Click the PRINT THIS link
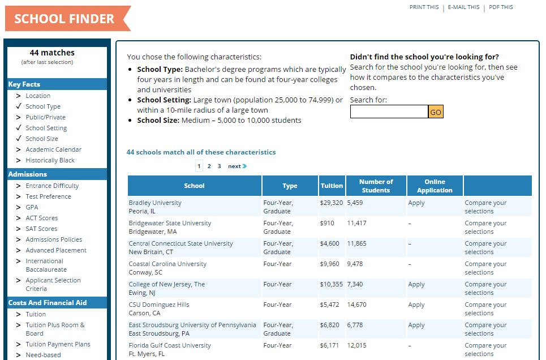pos(424,7)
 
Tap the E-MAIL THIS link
pos(463,7)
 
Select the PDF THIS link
pos(501,7)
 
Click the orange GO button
pos(436,112)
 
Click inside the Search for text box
pos(389,112)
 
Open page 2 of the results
pos(209,166)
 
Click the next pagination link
pos(237,166)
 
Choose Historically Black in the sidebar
pos(50,160)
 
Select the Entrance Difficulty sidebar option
pos(52,186)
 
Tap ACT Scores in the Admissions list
pos(41,218)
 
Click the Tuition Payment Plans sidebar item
pos(58,344)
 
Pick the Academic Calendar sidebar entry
pos(53,149)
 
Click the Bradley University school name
pos(155,203)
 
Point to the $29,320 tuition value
pos(331,203)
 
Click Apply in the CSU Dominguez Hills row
pos(416,305)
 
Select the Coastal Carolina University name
pos(167,264)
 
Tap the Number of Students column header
pos(376,186)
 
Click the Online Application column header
pos(435,186)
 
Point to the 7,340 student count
pos(355,284)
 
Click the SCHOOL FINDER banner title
pos(64,19)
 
